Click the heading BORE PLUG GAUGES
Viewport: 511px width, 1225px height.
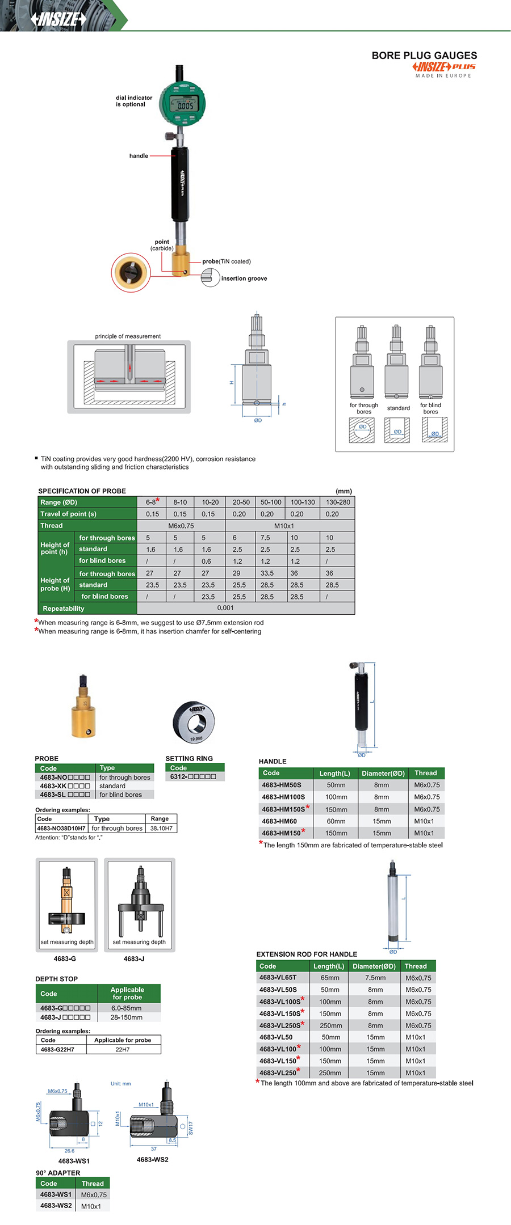pos(424,56)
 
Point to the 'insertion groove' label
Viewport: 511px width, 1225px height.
pos(244,278)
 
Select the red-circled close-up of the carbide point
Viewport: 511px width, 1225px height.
pos(131,272)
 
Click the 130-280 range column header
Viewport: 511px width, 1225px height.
pos(338,502)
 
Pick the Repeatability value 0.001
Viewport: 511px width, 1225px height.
pos(225,608)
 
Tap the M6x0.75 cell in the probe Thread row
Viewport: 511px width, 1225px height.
pos(181,526)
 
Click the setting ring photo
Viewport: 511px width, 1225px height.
pos(194,721)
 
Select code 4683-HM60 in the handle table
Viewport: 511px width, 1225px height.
pos(279,821)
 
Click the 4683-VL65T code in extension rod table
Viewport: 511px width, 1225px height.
pos(278,978)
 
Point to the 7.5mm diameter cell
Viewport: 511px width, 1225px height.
pos(375,978)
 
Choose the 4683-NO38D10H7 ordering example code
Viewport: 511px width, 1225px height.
pos(61,828)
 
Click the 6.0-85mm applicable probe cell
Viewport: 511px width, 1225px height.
pos(127,1008)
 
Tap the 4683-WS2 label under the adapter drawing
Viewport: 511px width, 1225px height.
pos(153,1159)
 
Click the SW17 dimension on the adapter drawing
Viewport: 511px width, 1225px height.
pos(191,1127)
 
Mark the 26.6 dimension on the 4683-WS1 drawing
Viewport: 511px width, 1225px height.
pos(69,1151)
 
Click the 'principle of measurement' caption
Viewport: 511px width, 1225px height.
pos(128,336)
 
